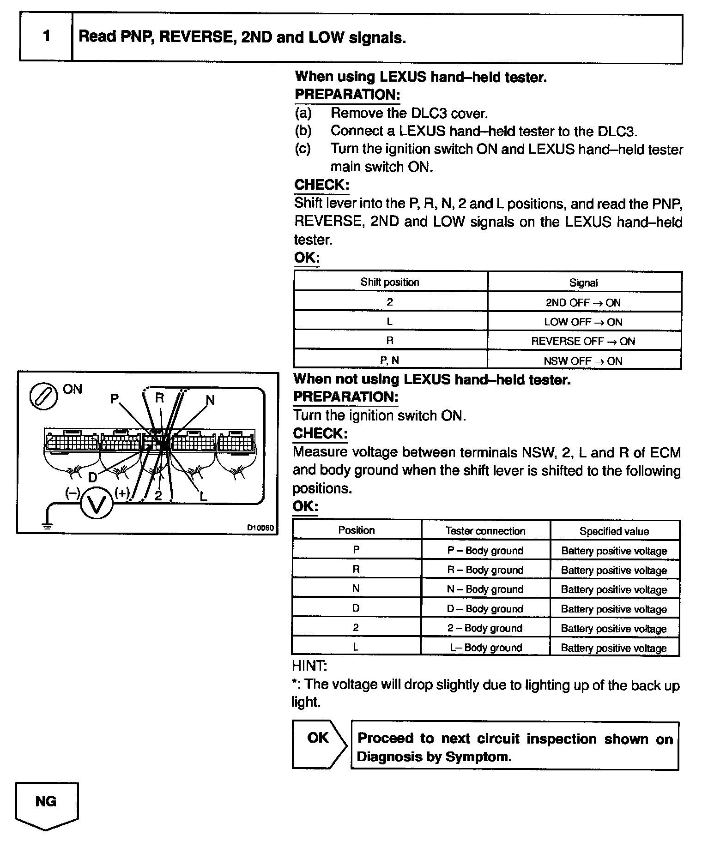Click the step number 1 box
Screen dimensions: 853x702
[x=46, y=37]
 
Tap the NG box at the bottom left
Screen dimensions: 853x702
[x=46, y=802]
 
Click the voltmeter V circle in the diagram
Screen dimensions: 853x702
[x=97, y=504]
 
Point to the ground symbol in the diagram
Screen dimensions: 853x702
[x=47, y=524]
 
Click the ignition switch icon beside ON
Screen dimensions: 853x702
[x=43, y=396]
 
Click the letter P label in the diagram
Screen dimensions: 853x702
[x=115, y=399]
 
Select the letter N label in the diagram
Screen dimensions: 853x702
[x=210, y=400]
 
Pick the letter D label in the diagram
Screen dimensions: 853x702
[x=92, y=477]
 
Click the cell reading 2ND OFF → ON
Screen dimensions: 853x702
[x=584, y=303]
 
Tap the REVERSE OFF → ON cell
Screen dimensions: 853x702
[x=584, y=341]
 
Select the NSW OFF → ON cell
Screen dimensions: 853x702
[x=584, y=361]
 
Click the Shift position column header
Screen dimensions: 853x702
[x=390, y=282]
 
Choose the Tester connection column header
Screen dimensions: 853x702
[x=485, y=531]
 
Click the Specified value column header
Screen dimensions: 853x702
[x=614, y=531]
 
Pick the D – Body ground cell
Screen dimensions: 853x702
[x=485, y=609]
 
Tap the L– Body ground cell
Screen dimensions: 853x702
[x=486, y=648]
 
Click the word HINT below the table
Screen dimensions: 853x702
[x=309, y=666]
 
